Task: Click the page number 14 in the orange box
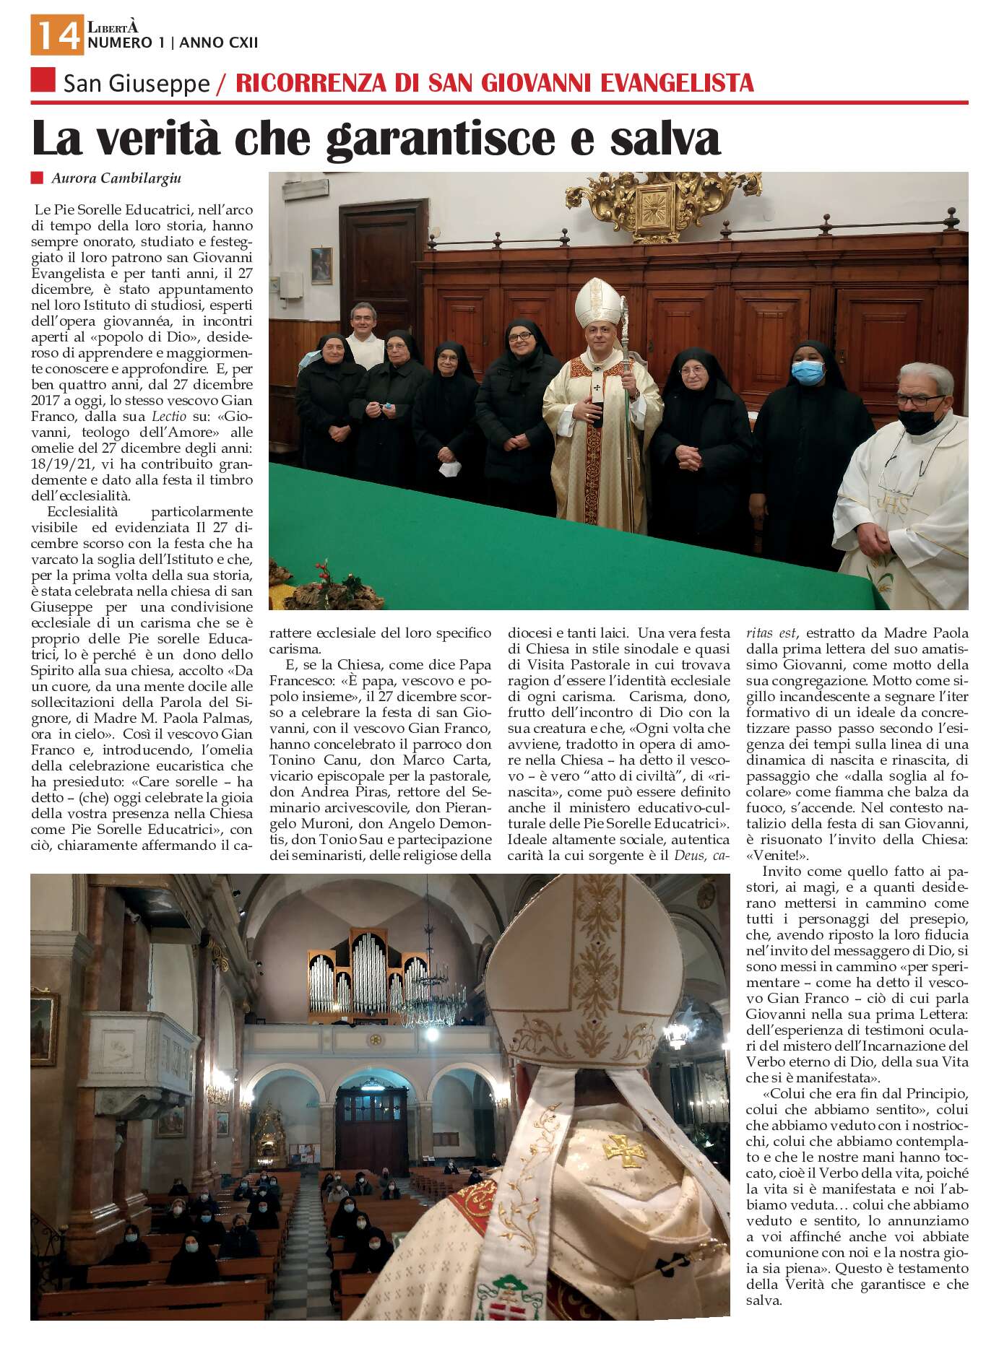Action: click(56, 35)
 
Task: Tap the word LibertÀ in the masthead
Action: click(112, 27)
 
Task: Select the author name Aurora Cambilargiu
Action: click(116, 178)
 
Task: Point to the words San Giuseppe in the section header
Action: click(137, 84)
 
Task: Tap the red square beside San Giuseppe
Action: click(43, 80)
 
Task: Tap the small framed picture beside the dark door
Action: click(321, 266)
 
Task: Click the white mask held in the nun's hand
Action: click(449, 470)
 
